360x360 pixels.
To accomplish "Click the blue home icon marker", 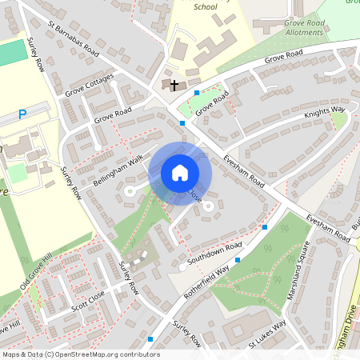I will coord(180,173).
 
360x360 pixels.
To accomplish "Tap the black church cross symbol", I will coord(174,84).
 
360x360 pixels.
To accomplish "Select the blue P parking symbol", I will coord(22,115).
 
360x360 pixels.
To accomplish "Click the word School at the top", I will coord(205,6).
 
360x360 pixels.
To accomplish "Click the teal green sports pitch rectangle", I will coord(11,53).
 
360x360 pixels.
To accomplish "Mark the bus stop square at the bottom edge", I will coord(150,339).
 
